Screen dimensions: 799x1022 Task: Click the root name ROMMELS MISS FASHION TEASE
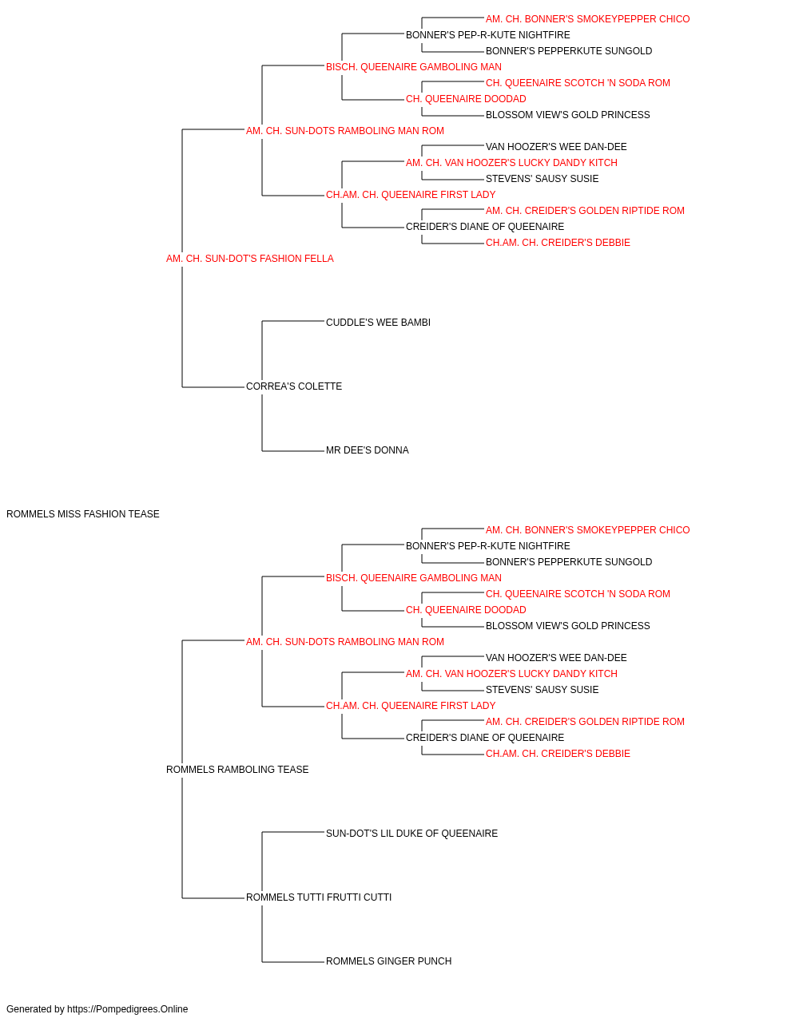[x=83, y=514]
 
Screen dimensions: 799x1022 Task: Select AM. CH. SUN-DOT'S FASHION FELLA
[x=250, y=259]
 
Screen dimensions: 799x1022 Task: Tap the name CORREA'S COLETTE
[x=294, y=386]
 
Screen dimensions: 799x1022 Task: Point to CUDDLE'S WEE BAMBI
[x=378, y=323]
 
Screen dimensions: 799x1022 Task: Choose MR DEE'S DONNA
[x=368, y=450]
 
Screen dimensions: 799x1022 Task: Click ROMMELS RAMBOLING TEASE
[x=237, y=770]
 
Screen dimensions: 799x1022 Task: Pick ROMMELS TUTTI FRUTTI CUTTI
[x=319, y=897]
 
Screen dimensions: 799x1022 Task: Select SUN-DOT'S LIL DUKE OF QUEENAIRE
[x=411, y=834]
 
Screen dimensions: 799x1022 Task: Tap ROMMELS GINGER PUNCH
[x=388, y=962]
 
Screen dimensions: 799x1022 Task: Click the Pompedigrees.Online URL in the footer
[x=128, y=1009]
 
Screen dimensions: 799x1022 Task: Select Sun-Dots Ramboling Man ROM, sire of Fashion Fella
[x=345, y=131]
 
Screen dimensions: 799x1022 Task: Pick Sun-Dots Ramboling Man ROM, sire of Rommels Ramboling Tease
[x=345, y=642]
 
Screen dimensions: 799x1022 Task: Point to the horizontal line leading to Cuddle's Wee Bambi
[x=293, y=321]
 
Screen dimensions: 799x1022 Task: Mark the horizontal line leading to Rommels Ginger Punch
[x=293, y=962]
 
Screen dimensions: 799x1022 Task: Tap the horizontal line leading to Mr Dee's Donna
[x=293, y=451]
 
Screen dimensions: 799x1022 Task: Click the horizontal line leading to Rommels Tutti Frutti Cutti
[x=213, y=898]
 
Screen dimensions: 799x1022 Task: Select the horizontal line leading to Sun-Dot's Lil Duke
[x=293, y=833]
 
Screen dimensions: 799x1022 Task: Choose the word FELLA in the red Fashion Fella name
[x=321, y=259]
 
